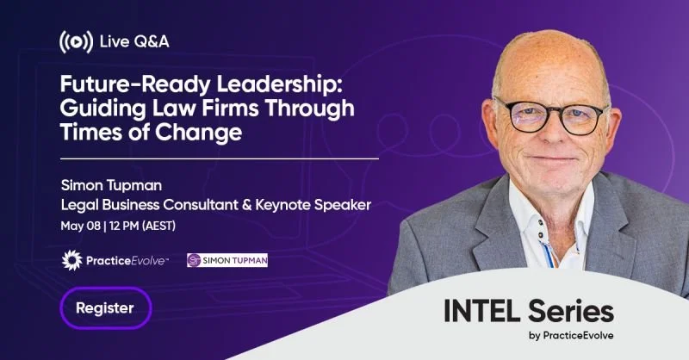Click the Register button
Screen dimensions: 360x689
point(105,307)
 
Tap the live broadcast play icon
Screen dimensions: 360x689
point(75,40)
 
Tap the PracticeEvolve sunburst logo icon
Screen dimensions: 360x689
point(74,259)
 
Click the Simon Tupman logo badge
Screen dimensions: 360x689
point(227,259)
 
